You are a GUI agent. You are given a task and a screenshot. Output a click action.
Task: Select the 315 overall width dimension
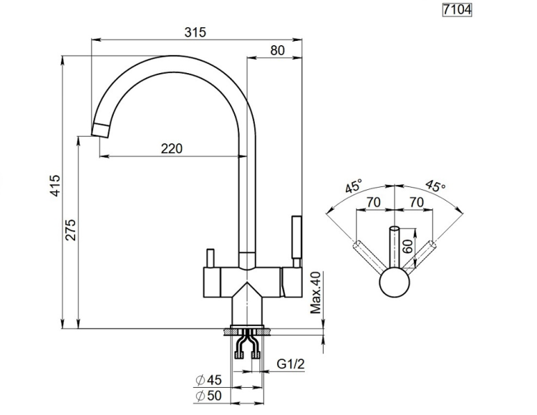point(195,32)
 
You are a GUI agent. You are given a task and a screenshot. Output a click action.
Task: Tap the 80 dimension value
point(279,50)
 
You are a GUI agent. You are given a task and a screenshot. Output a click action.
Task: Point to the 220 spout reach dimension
point(172,149)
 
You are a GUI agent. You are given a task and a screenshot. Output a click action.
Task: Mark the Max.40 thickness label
point(314,292)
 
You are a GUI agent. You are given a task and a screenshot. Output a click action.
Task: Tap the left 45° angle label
point(353,187)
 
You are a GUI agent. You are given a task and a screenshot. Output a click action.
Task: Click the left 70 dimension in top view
point(373,203)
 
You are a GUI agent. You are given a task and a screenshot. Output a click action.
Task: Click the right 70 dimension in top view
point(417,203)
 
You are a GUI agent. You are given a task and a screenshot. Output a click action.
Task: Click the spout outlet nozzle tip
point(102,130)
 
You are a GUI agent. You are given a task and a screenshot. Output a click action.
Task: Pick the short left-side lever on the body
point(210,258)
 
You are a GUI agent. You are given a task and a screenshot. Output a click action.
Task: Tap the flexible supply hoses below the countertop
point(247,346)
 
